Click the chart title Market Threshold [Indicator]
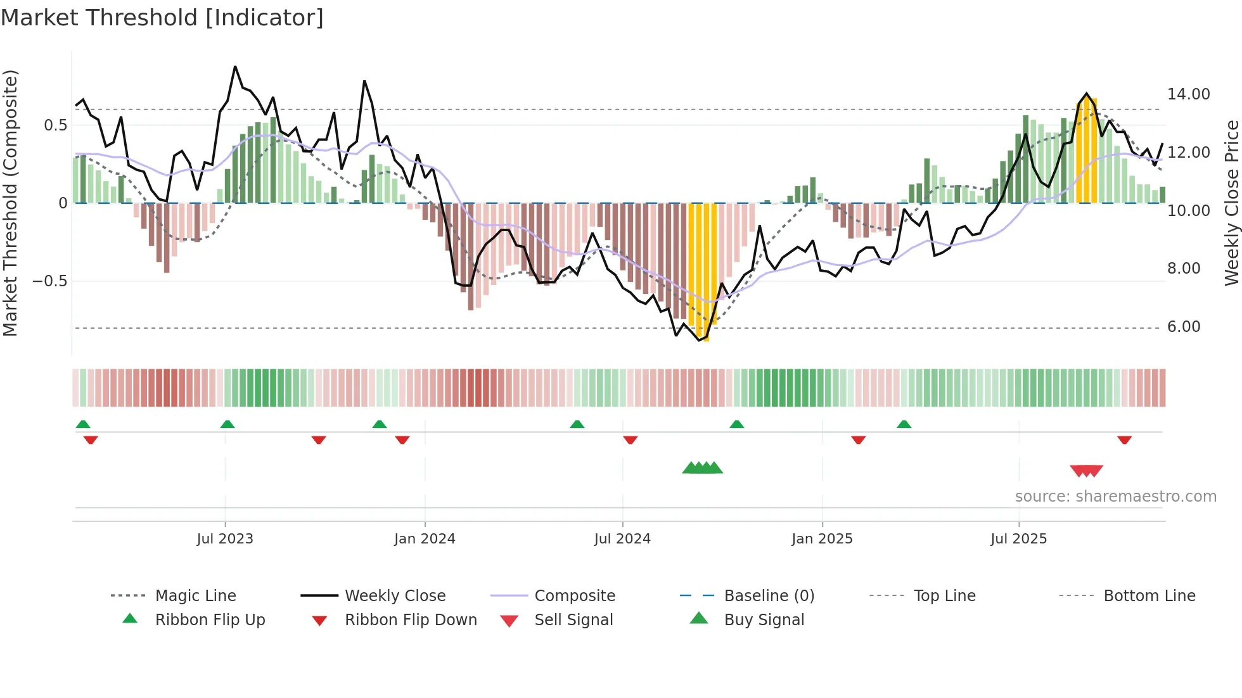pos(162,18)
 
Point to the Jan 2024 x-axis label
pos(425,538)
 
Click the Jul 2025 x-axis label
pos(1018,538)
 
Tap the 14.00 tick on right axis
pos(1188,94)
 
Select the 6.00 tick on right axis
pos(1184,327)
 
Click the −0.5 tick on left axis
pos(49,281)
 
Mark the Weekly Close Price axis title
pos(1231,203)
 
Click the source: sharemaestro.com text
pos(1115,496)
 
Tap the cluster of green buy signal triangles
pos(702,468)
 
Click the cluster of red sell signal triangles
pos(1086,471)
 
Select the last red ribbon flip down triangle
pos(1124,440)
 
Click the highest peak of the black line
pos(235,67)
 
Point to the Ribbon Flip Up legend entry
pos(209,619)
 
